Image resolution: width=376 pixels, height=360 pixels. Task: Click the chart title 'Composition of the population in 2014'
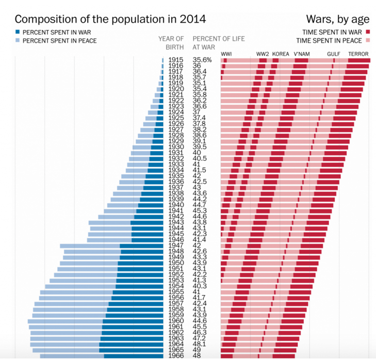coord(110,20)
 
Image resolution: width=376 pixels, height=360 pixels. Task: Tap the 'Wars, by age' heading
coord(337,20)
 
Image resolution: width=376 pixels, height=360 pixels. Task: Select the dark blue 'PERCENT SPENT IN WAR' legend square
coord(18,32)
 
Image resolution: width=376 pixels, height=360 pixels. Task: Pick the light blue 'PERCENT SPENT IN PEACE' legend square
coord(18,40)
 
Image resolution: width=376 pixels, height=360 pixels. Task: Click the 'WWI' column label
coord(226,54)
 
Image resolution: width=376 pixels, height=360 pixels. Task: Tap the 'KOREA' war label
coord(281,54)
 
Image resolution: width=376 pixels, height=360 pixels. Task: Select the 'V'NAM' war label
coord(301,54)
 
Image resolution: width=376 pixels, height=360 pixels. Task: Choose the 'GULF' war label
coord(333,54)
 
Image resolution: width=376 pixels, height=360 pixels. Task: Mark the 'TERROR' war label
coord(358,54)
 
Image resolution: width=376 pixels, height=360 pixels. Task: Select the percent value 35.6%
coord(202,60)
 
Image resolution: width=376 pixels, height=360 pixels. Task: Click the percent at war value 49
coord(197,350)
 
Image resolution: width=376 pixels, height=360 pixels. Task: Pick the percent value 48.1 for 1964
coord(199,344)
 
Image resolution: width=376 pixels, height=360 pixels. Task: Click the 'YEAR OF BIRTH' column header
coord(171,43)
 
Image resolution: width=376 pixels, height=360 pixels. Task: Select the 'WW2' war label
coord(263,54)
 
